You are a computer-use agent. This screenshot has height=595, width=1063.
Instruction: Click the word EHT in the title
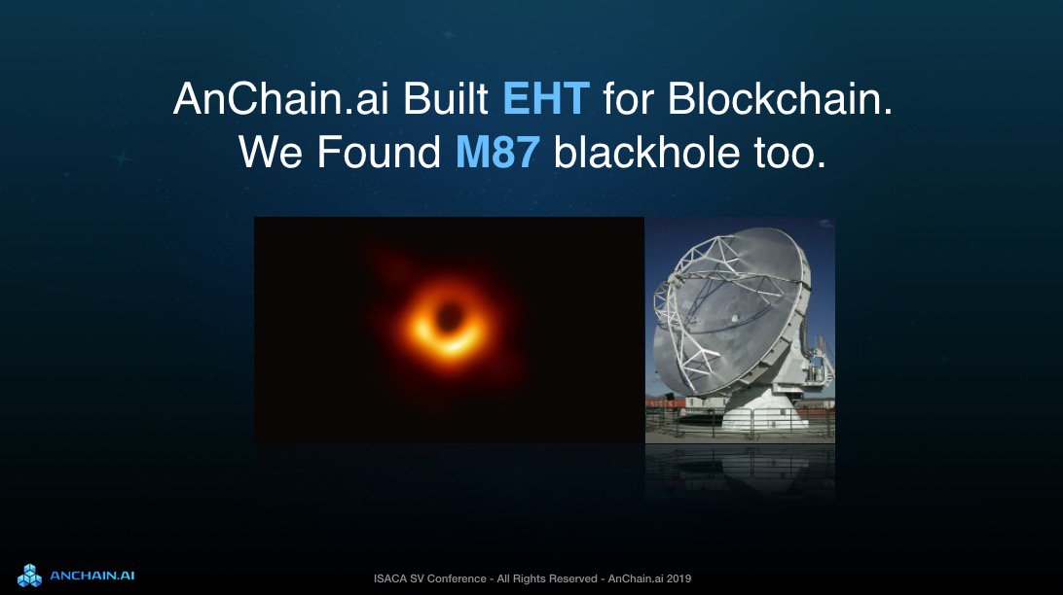pyautogui.click(x=546, y=99)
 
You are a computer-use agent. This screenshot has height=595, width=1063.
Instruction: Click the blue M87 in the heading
pyautogui.click(x=497, y=154)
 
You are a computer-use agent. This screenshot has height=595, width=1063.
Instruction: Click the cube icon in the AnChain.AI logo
pyautogui.click(x=29, y=575)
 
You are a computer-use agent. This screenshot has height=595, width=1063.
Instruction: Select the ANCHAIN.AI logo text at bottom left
pyautogui.click(x=92, y=576)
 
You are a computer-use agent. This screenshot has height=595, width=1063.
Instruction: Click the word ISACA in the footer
pyautogui.click(x=389, y=579)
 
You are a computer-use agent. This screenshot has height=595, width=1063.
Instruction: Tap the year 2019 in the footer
pyautogui.click(x=678, y=579)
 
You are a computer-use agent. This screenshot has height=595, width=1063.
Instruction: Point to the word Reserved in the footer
pyautogui.click(x=569, y=579)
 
